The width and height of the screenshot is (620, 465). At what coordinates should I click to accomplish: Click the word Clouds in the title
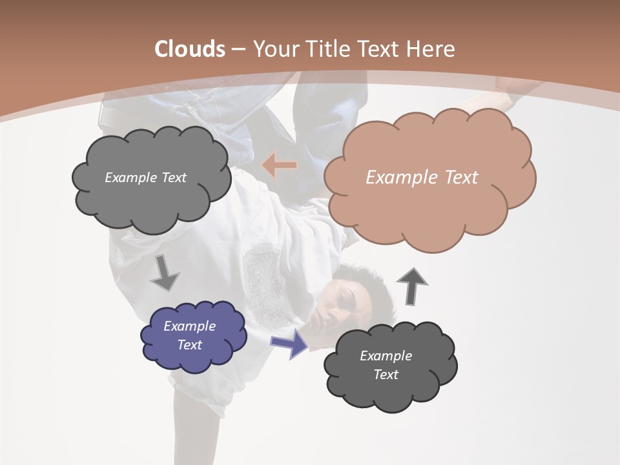(189, 49)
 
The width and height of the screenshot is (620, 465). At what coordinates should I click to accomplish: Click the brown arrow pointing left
(279, 166)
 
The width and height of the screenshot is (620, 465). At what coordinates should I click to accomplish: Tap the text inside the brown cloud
(422, 178)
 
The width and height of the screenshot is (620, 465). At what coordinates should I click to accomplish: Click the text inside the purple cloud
(190, 335)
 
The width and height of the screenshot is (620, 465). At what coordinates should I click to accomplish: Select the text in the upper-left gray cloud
(145, 178)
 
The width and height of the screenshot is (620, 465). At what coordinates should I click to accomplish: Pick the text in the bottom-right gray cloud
(386, 365)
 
